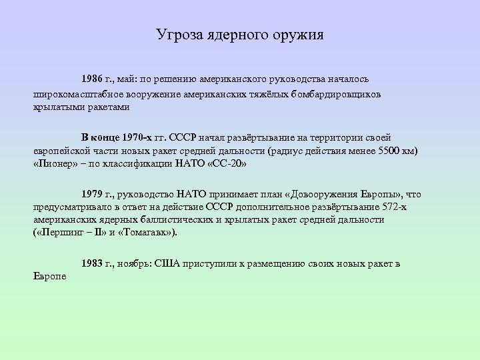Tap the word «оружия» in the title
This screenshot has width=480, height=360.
click(298, 34)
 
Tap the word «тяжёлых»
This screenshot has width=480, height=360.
click(266, 95)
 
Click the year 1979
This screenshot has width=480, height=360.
click(93, 195)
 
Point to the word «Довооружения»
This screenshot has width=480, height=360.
click(321, 195)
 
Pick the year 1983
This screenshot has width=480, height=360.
click(93, 263)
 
